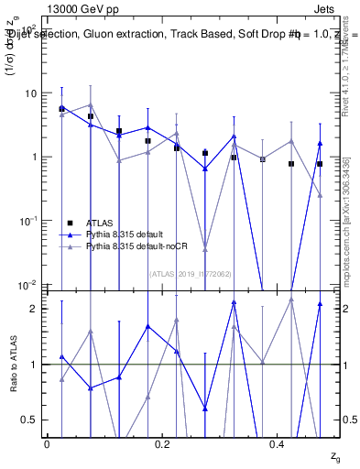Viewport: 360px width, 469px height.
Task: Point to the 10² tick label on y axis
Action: tap(28, 30)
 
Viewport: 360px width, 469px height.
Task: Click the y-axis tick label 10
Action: tap(30, 93)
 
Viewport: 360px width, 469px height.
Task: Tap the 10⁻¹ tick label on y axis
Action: tap(28, 221)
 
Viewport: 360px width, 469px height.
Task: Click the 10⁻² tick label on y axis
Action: tap(28, 284)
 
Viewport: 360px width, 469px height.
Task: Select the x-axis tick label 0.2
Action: tap(162, 444)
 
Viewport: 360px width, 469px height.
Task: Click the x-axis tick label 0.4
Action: tap(278, 444)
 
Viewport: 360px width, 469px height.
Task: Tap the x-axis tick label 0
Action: tap(47, 444)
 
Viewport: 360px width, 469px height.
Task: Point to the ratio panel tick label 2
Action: tap(35, 309)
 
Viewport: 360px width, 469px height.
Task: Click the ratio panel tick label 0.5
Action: tap(31, 420)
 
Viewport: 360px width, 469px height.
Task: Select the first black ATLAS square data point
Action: tap(61, 109)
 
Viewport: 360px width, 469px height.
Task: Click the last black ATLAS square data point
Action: tap(320, 164)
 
